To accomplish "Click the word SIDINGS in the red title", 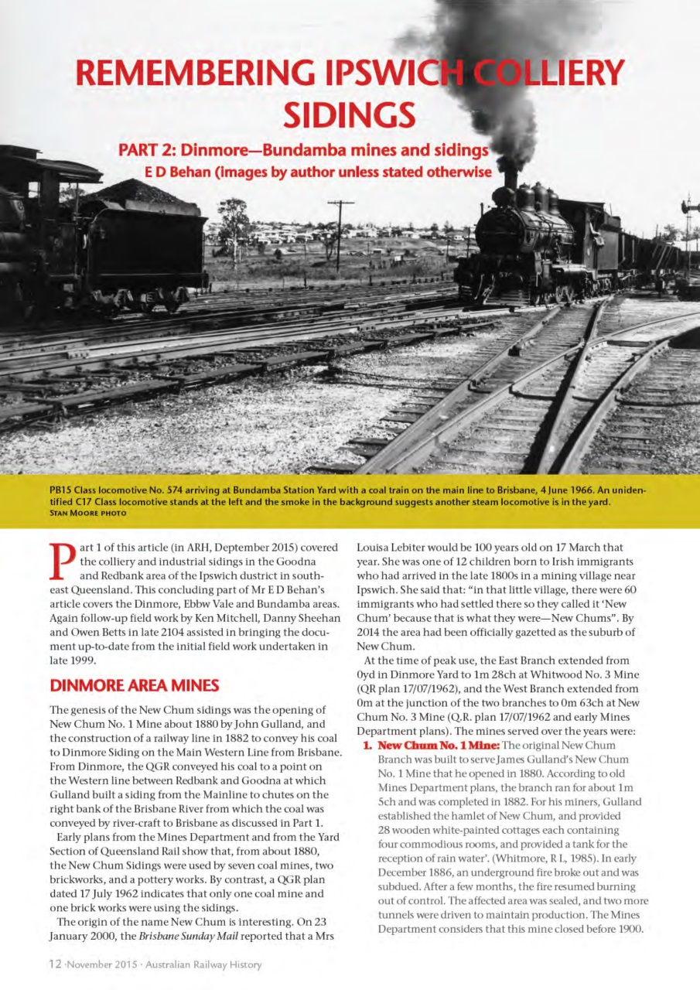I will [x=350, y=114].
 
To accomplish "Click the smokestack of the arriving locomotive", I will [x=510, y=179].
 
